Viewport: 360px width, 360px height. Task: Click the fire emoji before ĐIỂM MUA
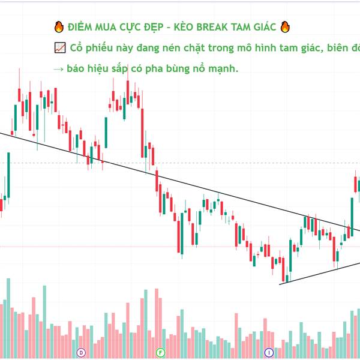point(59,28)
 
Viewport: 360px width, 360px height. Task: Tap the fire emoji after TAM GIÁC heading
point(286,28)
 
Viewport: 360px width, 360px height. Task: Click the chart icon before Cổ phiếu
point(59,48)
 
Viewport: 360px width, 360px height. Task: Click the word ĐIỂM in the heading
point(80,28)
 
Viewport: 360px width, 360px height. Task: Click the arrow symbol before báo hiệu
point(58,69)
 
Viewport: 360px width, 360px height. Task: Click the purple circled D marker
point(81,352)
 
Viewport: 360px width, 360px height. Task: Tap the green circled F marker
point(160,352)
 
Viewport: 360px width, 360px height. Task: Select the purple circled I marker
point(269,352)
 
